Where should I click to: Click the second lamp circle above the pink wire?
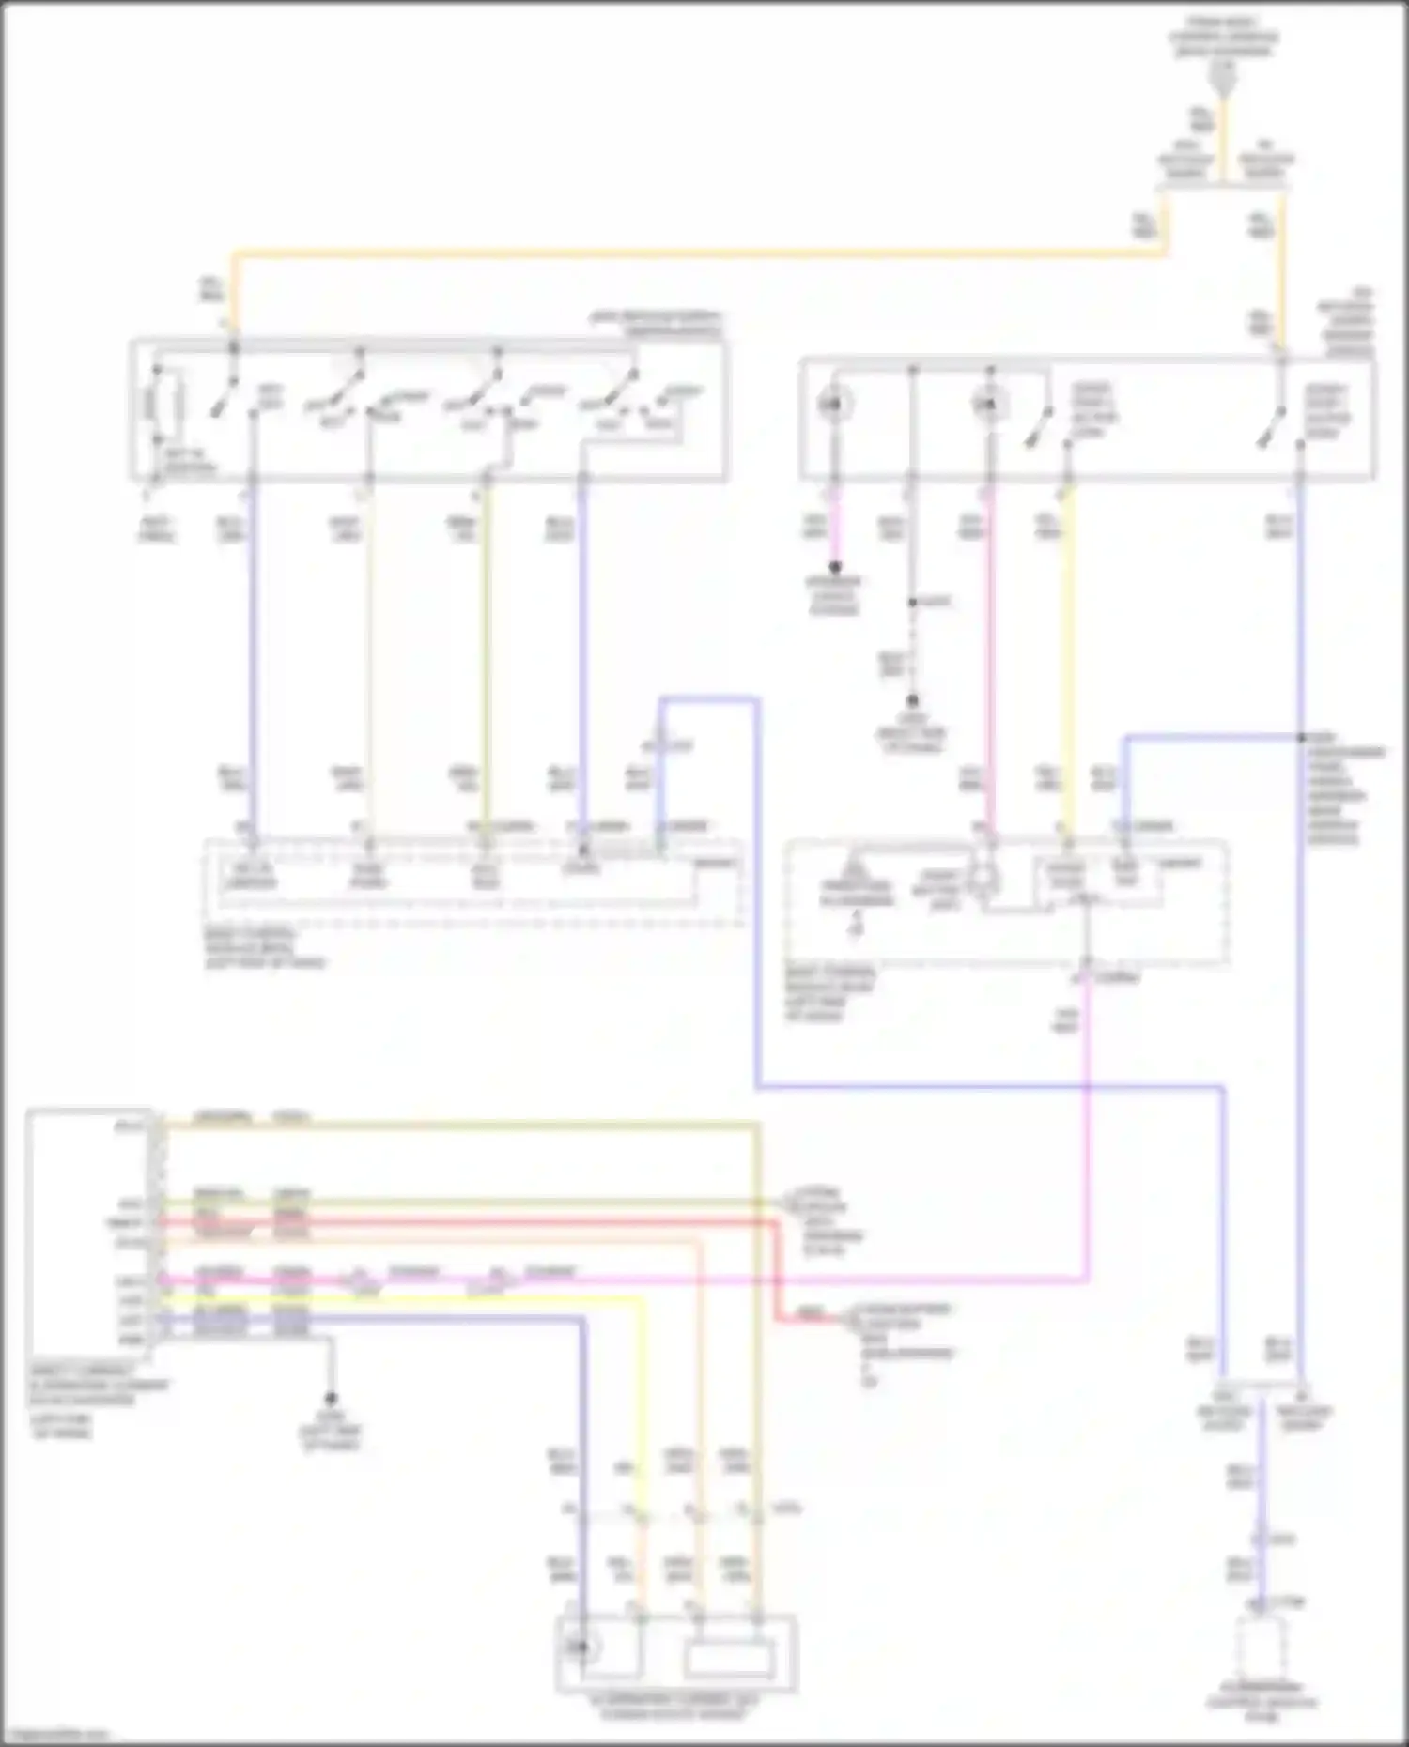pyautogui.click(x=987, y=405)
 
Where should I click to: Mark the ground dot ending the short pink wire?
pyautogui.click(x=834, y=567)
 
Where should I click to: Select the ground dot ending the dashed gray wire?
pyautogui.click(x=911, y=701)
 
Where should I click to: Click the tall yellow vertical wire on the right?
pyautogui.click(x=1067, y=657)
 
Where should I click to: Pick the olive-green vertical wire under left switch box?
pyautogui.click(x=486, y=657)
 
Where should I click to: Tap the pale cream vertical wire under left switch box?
pyautogui.click(x=368, y=657)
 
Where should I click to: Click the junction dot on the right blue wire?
pyautogui.click(x=1302, y=737)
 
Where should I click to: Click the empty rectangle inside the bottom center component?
pyautogui.click(x=730, y=1659)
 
